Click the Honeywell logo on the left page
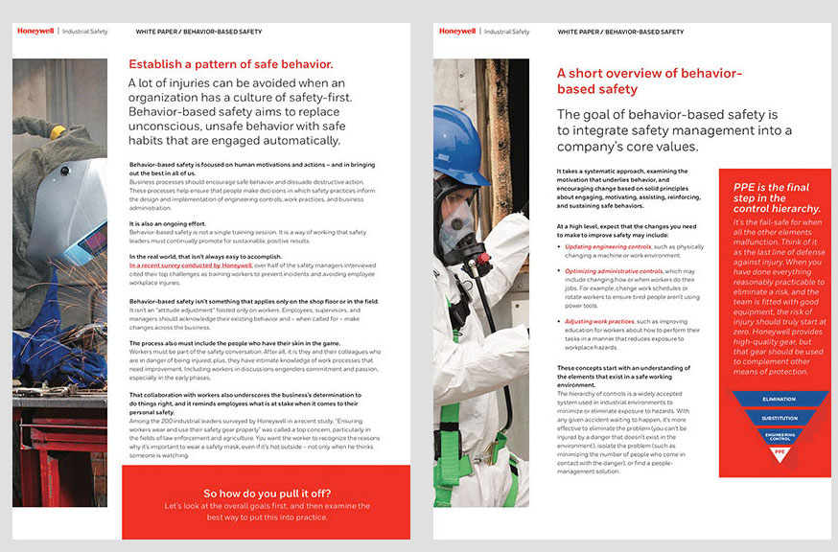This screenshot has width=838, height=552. coord(35,31)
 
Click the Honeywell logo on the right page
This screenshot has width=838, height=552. coord(457,31)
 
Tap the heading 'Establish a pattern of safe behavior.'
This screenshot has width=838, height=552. coord(231,64)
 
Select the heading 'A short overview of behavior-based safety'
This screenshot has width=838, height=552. coord(649,80)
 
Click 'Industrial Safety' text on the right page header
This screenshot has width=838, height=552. coord(506,32)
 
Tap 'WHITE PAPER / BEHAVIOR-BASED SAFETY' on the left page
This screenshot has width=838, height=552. coord(198,32)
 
